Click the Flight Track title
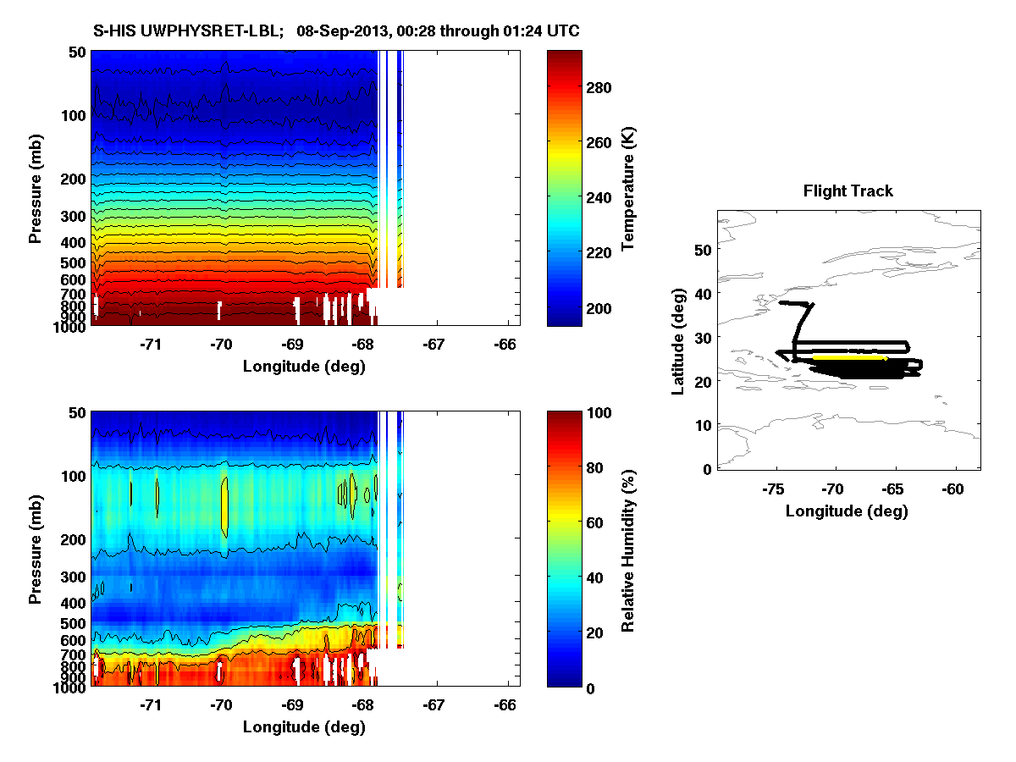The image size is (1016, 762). (x=848, y=191)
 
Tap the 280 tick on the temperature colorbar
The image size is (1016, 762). (x=598, y=88)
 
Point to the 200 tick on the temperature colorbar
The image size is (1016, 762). (x=598, y=307)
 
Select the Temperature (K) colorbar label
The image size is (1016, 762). (x=628, y=189)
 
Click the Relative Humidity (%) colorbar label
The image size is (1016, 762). (x=628, y=550)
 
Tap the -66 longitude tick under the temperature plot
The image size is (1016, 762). (x=506, y=344)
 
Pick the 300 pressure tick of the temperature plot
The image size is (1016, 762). (x=75, y=217)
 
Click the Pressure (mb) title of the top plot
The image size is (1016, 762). (x=35, y=189)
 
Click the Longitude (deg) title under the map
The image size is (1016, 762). (x=847, y=511)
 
